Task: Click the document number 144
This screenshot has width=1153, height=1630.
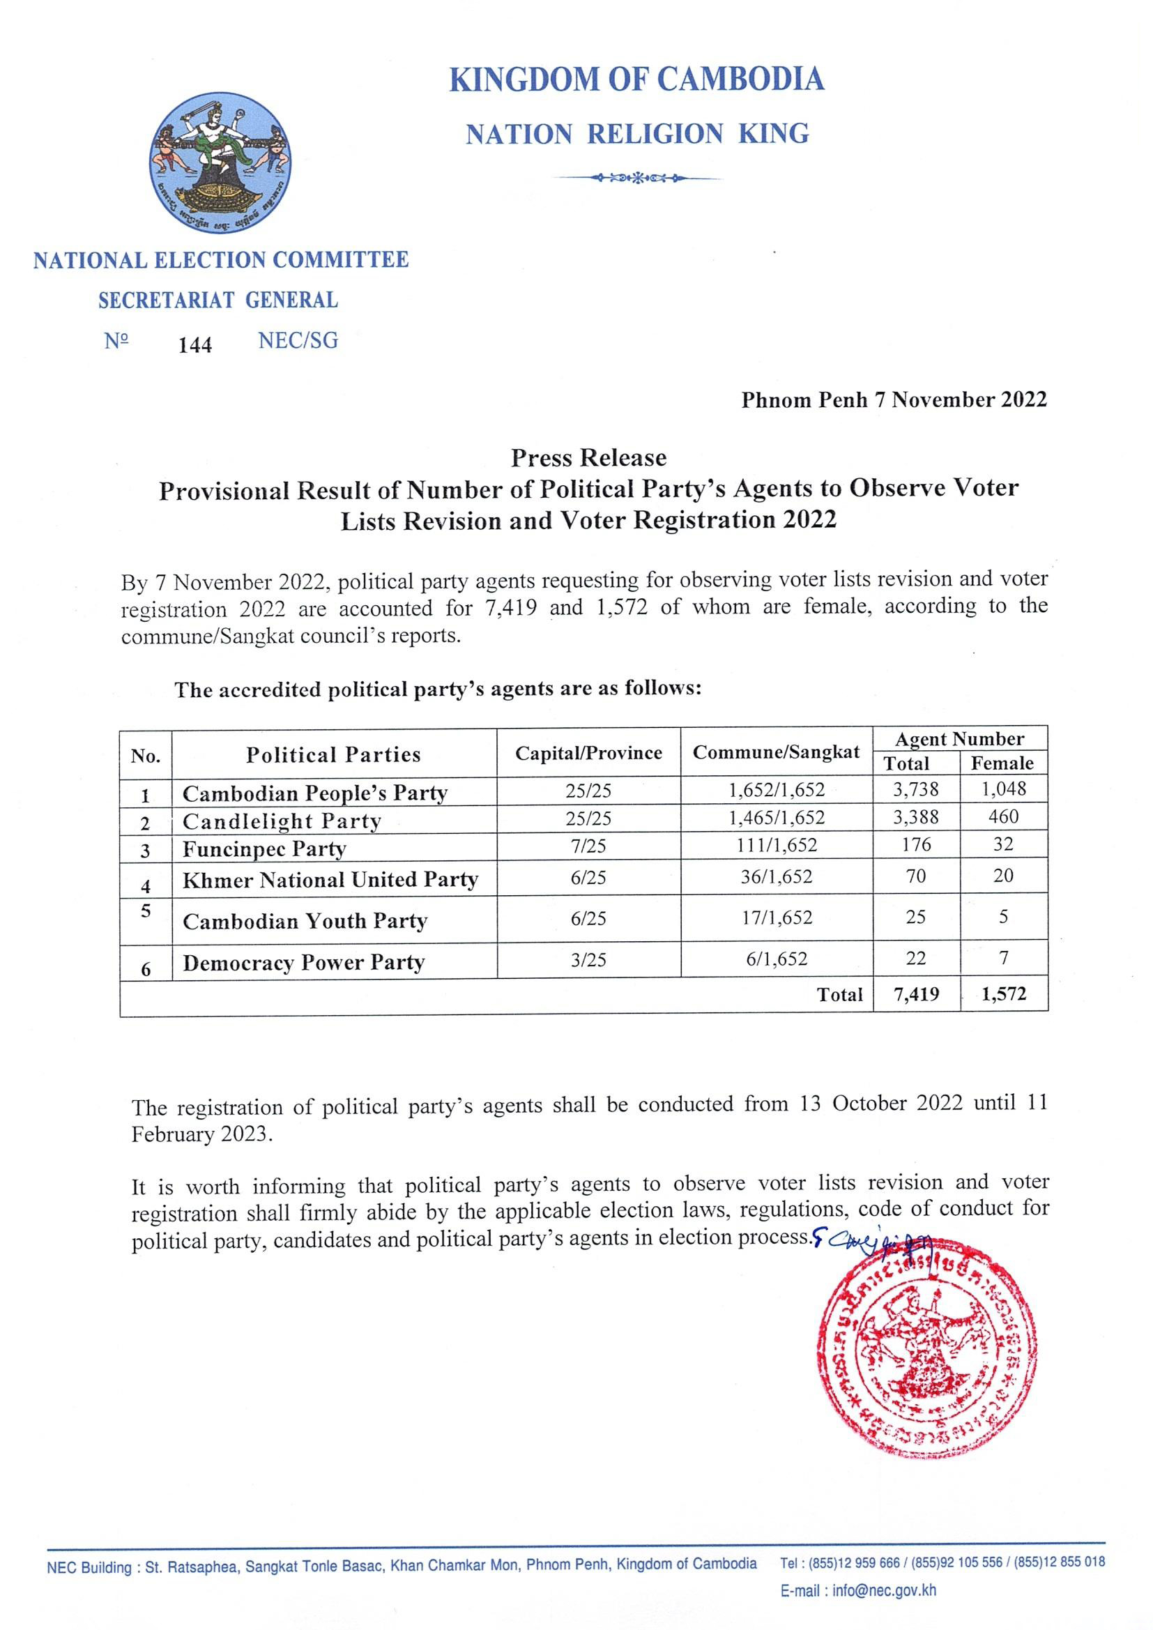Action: coord(194,345)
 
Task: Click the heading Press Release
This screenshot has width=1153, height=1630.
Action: coord(588,457)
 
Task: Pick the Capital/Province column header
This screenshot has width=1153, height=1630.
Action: coord(588,752)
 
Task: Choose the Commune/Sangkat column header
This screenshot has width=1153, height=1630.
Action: coord(775,752)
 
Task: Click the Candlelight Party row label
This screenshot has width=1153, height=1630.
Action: coord(282,821)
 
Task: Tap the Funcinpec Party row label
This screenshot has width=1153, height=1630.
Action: coord(264,849)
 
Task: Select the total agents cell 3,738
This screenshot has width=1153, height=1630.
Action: coord(915,789)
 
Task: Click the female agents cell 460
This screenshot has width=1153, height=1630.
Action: coord(1002,816)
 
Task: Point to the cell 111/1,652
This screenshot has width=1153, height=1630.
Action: coord(776,845)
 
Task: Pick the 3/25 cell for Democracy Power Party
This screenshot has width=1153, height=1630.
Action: coord(588,959)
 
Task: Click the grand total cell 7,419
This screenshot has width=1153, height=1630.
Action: coord(916,994)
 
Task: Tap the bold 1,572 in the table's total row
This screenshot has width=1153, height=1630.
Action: coord(1003,994)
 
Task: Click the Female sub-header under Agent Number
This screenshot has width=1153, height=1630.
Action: coord(1002,763)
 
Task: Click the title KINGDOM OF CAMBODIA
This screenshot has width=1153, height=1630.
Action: coord(636,79)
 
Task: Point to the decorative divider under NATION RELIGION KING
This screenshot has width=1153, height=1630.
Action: coord(639,178)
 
